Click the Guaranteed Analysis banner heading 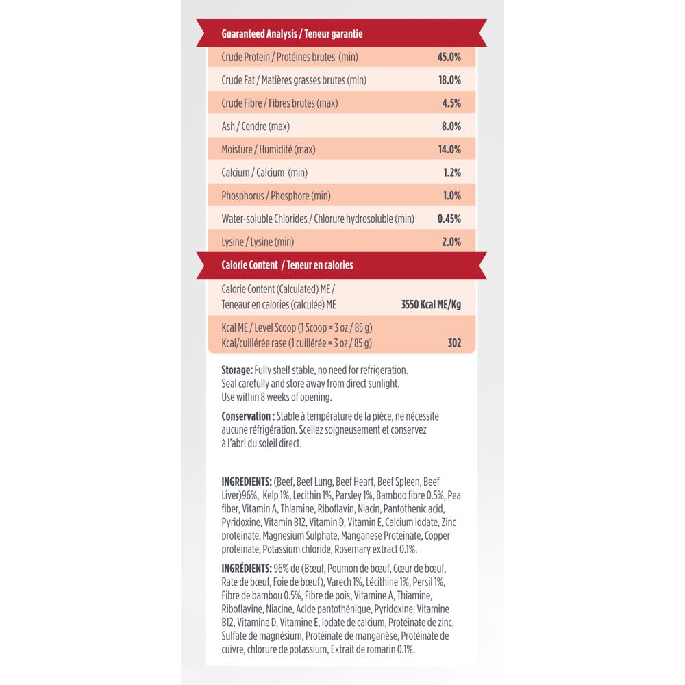coord(292,34)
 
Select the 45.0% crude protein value coord(449,57)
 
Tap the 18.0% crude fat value coord(449,80)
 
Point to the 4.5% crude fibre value coord(451,103)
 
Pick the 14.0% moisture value coord(449,149)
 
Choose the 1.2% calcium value coord(451,173)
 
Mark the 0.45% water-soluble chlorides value coord(449,219)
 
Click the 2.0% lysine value coord(451,242)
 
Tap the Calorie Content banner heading coord(287,264)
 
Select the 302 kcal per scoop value coord(453,343)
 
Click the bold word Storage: coord(237,369)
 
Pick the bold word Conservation coord(248,416)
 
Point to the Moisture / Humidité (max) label coord(269,149)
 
